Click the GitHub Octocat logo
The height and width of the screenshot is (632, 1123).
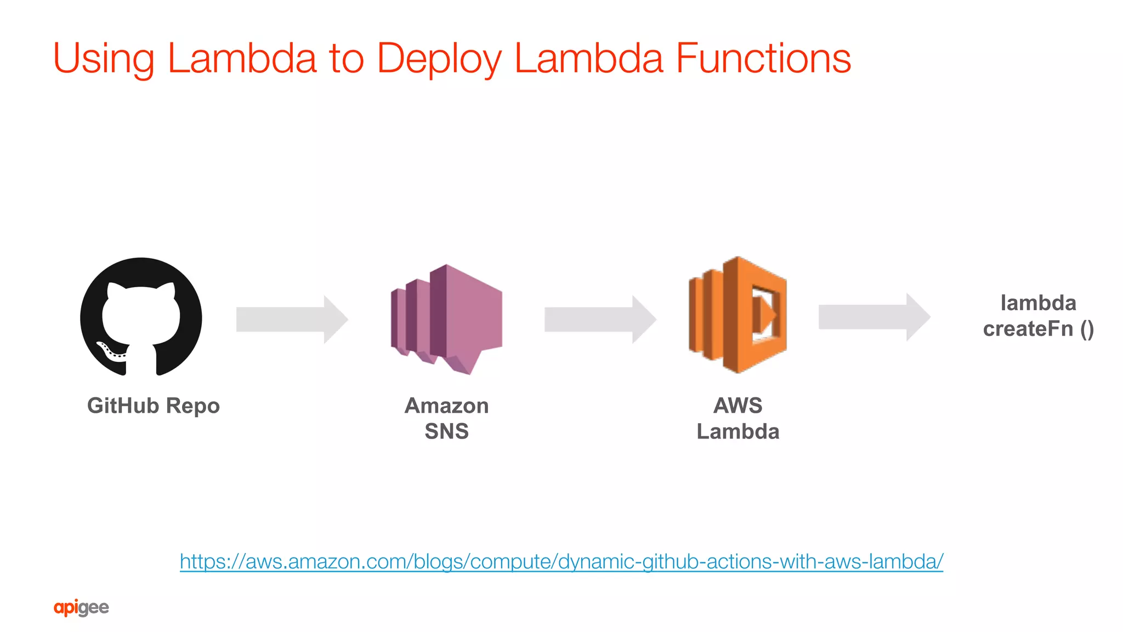click(141, 317)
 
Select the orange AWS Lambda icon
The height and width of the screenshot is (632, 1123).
click(738, 315)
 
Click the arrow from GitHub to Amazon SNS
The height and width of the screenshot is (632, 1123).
click(292, 320)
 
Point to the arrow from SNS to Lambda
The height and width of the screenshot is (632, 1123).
click(600, 320)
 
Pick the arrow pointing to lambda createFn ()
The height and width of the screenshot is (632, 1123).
click(874, 317)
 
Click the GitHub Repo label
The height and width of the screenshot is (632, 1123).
click(154, 406)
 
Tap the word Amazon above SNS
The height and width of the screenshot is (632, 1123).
click(446, 406)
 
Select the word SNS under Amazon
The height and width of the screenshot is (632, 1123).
click(446, 432)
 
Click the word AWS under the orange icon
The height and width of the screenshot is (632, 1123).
click(738, 406)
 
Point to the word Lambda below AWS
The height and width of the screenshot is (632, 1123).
click(738, 432)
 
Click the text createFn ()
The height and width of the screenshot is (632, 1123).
click(1038, 329)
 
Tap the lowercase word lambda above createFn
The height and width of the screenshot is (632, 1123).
click(1038, 303)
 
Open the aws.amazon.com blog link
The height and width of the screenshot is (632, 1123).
click(561, 561)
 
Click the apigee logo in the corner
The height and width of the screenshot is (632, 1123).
click(81, 608)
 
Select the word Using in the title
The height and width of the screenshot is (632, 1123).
click(104, 59)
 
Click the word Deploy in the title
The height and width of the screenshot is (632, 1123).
click(439, 59)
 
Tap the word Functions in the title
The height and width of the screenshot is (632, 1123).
click(763, 59)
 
